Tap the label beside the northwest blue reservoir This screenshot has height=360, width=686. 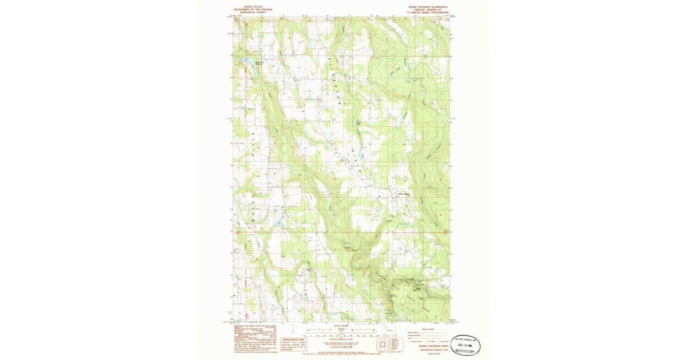click(x=260, y=63)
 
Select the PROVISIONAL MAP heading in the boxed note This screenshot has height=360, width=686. click(x=294, y=339)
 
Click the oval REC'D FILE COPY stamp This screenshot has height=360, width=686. click(x=466, y=346)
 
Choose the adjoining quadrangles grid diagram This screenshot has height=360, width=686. click(x=382, y=345)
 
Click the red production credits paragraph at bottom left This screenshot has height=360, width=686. click(x=255, y=341)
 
